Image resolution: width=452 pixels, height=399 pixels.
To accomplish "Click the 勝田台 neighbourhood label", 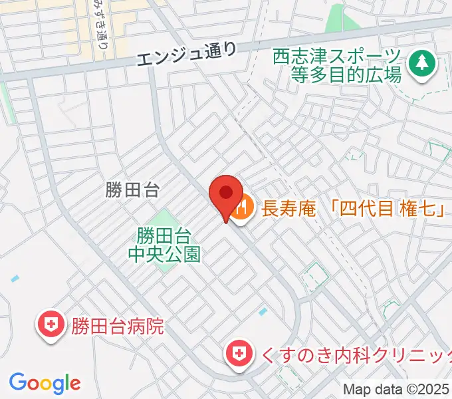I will (x=133, y=191).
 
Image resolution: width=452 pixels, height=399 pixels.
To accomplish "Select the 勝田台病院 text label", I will (x=118, y=327).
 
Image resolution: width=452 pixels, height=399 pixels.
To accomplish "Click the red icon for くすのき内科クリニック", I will (x=237, y=352).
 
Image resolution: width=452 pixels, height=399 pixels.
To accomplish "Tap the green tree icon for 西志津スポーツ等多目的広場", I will (x=421, y=64).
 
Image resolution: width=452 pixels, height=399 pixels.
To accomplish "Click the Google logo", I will (x=45, y=382).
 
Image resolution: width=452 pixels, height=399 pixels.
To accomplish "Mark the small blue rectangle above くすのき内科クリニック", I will (x=264, y=311).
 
